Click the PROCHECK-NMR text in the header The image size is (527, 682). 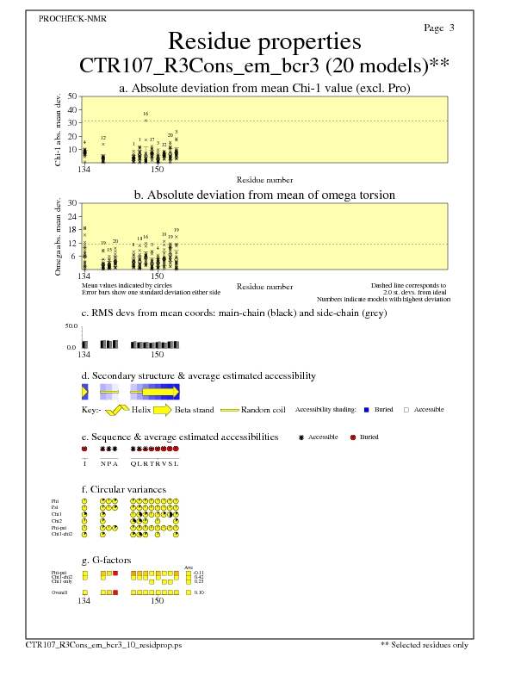73,19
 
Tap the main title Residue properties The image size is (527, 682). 263,40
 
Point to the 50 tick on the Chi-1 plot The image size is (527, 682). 72,96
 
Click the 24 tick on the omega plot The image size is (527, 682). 72,216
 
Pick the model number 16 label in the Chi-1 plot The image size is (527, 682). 146,114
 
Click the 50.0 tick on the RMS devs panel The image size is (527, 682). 71,326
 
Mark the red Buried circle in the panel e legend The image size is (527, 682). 352,437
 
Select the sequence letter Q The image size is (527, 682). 133,463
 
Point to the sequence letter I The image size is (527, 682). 84,463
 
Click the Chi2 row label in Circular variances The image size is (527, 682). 56,521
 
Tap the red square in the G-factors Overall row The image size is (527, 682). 116,593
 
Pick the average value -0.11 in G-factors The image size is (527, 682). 199,572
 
